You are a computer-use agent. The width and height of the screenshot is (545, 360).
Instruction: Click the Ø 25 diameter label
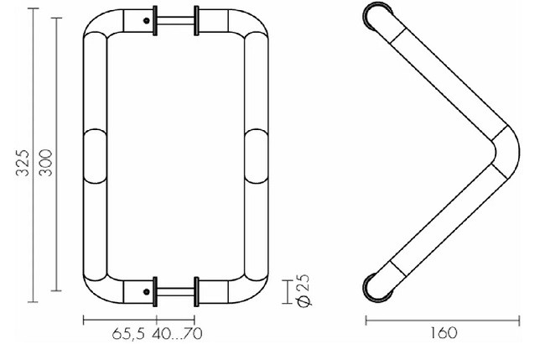(x=304, y=290)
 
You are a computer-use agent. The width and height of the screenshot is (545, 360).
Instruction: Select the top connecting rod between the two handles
(x=174, y=20)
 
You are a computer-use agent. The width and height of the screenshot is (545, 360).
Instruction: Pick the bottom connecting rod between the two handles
(x=174, y=293)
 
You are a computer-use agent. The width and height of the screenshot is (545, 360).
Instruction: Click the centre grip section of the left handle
(x=96, y=157)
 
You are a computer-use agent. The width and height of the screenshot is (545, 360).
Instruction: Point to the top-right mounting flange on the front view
(x=196, y=20)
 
